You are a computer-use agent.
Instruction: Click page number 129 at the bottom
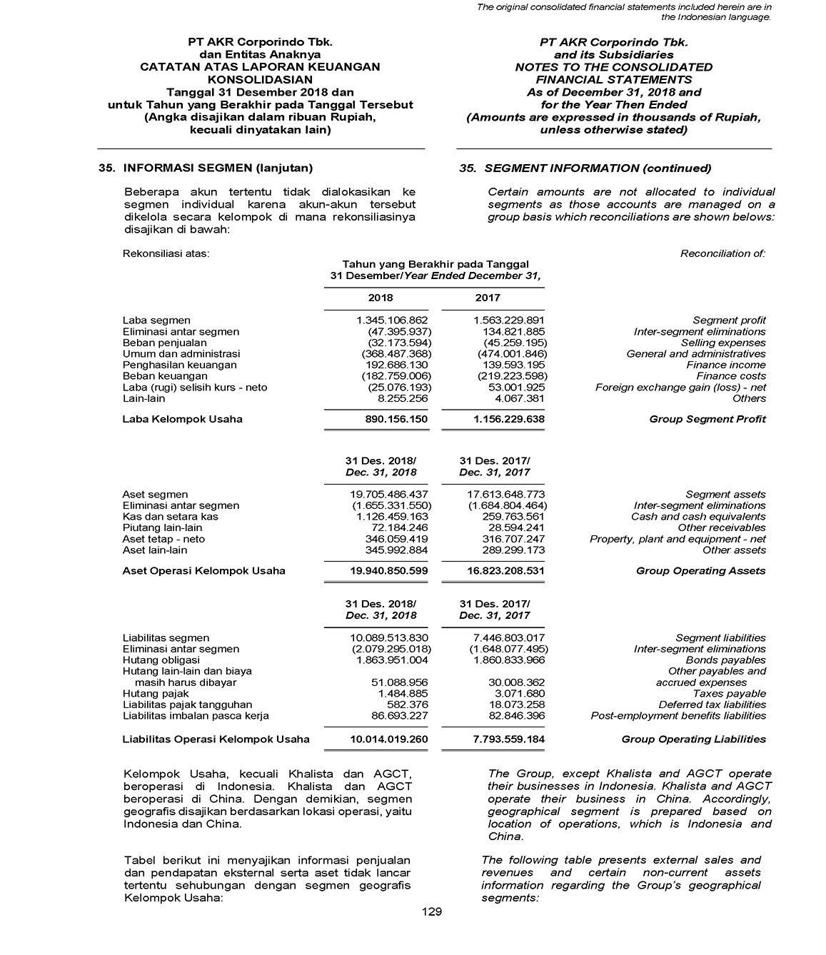click(x=432, y=911)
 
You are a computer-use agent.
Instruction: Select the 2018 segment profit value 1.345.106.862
click(x=392, y=320)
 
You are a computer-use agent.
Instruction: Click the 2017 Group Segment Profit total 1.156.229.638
click(x=508, y=419)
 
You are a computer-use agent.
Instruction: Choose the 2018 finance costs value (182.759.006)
click(x=394, y=376)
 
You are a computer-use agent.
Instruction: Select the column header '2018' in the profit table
click(x=381, y=298)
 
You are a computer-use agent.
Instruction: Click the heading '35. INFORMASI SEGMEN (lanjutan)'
click(x=206, y=168)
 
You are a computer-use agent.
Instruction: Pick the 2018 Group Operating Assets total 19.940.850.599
click(x=388, y=571)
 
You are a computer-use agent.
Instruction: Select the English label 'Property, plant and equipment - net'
click(x=678, y=539)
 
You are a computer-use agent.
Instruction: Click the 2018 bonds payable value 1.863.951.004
click(x=392, y=660)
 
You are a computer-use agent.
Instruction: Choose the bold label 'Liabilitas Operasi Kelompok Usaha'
click(x=216, y=739)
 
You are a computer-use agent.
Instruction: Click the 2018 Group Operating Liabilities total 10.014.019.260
click(x=388, y=739)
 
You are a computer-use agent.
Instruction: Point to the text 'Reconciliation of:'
click(x=722, y=253)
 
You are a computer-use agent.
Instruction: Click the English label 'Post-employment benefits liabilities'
click(x=678, y=716)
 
